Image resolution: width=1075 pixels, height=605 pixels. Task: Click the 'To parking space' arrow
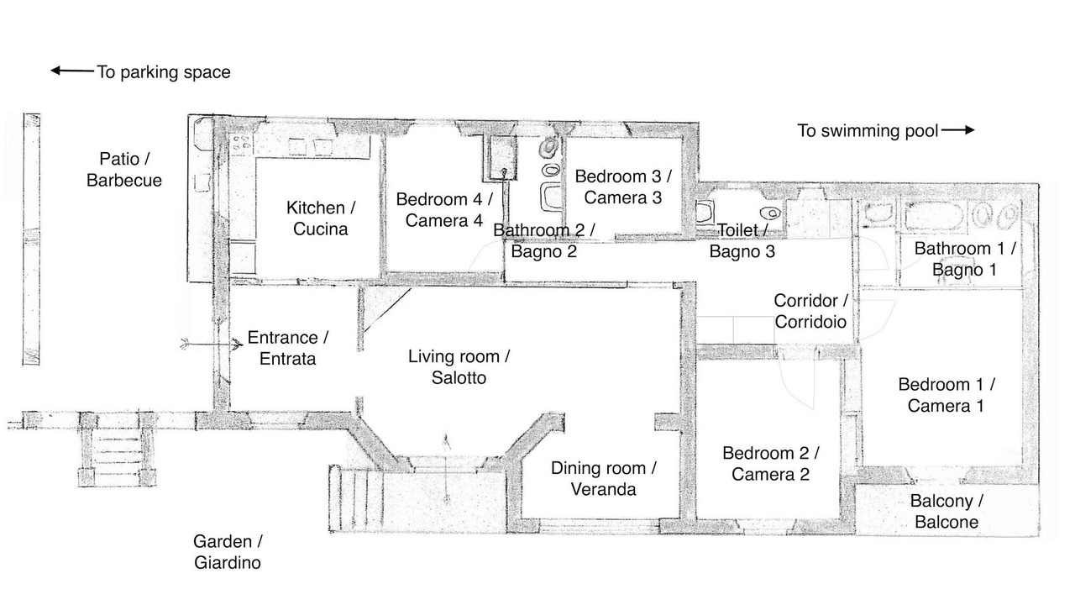coord(72,71)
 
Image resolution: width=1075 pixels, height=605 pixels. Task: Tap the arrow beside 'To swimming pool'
coord(958,129)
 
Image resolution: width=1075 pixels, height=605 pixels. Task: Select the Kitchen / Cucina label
coord(321,218)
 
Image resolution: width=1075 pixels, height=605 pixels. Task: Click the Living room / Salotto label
coord(459,367)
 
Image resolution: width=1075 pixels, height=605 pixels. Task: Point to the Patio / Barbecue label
coord(124,170)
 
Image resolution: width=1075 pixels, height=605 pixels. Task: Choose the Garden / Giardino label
coord(228,552)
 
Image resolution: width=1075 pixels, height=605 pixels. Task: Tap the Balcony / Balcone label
coord(947,512)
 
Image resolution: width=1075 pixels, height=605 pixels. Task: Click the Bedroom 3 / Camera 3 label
coord(623,187)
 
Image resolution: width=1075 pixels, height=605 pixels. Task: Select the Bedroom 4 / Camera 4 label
coord(444,210)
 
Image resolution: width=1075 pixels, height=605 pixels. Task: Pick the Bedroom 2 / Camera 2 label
coord(770,464)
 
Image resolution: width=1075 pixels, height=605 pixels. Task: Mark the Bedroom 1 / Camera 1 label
coord(946,395)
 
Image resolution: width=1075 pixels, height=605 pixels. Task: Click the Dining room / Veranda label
coord(603,479)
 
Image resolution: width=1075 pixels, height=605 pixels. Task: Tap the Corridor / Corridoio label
coord(810,311)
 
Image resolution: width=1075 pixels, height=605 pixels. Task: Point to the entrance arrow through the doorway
coord(212,345)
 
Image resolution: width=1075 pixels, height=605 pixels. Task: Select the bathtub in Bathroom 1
coord(933,216)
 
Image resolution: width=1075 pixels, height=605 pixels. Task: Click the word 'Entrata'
coord(287,359)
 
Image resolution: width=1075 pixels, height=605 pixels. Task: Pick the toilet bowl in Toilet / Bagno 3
coord(770,213)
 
